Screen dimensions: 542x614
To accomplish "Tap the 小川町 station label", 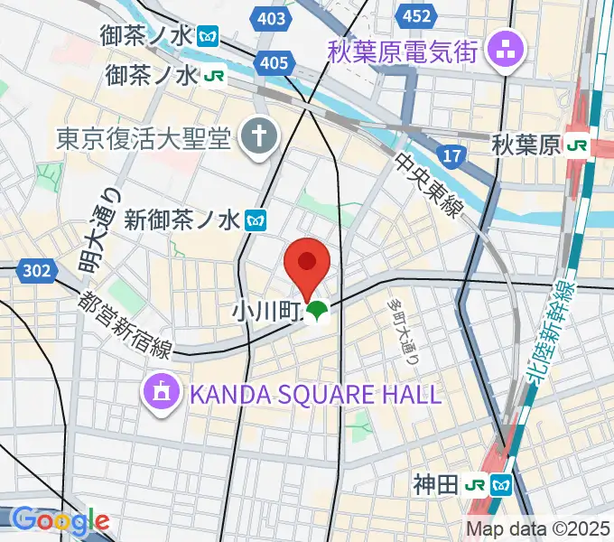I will pos(265,313).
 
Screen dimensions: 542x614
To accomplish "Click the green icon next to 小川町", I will pos(315,313).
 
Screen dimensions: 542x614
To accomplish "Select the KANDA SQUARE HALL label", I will pos(313,394).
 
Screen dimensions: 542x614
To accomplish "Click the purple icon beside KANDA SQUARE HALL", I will pos(161,393).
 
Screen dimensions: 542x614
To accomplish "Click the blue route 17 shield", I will pos(452,156).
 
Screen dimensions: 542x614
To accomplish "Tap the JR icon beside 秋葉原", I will pos(578,145).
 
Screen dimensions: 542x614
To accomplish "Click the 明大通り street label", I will pos(98,231).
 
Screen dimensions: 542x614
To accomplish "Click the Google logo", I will pos(60,520).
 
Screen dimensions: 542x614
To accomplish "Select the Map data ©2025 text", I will pos(538,528).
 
